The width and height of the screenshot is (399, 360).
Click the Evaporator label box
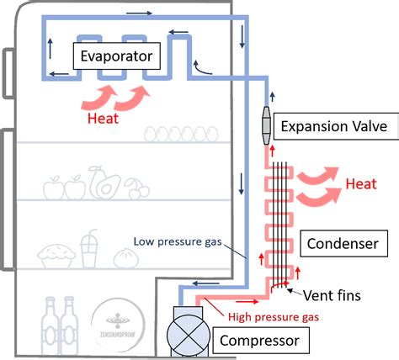(115, 57)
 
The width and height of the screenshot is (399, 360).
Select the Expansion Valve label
(334, 126)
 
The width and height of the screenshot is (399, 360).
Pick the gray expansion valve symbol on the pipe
(267, 127)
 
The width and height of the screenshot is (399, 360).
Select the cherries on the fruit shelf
(136, 187)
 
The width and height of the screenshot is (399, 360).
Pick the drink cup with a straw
(89, 248)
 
